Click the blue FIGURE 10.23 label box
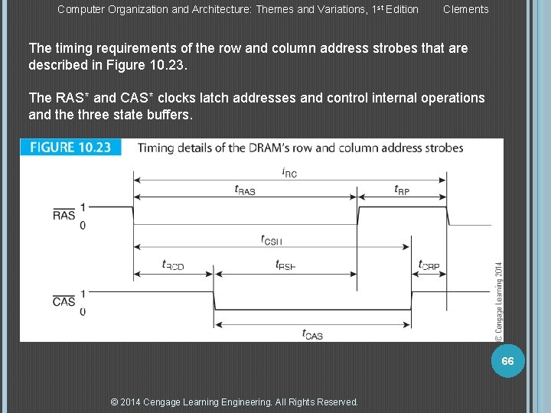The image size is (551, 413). click(x=71, y=148)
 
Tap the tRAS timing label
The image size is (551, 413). click(x=245, y=190)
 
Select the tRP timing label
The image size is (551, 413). click(x=402, y=190)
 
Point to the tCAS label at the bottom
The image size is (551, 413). click(x=312, y=333)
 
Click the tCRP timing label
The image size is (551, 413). click(x=429, y=265)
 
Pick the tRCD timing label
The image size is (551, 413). click(x=173, y=265)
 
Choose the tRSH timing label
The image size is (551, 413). click(x=285, y=265)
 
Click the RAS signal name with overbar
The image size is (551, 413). click(x=64, y=215)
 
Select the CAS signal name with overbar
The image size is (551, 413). click(x=64, y=301)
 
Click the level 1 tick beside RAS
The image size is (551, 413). click(x=83, y=206)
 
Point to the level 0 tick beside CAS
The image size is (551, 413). click(x=83, y=311)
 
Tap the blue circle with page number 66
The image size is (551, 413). click(x=507, y=360)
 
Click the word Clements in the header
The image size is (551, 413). click(x=465, y=9)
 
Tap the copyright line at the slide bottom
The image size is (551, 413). click(x=234, y=402)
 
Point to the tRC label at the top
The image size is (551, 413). click(x=289, y=173)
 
